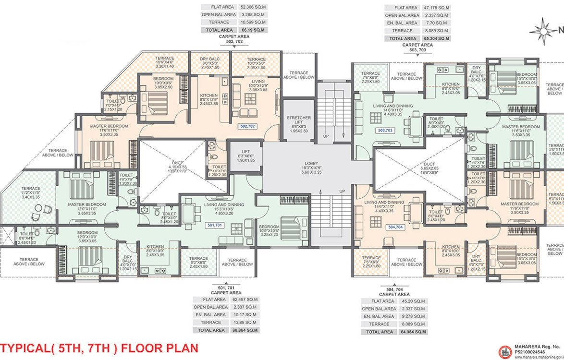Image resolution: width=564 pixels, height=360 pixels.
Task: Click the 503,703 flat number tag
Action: [x=385, y=130]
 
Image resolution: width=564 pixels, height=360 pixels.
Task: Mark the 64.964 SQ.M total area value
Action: [x=413, y=332]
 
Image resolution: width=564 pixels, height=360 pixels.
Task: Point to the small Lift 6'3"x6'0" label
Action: [x=245, y=157]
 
